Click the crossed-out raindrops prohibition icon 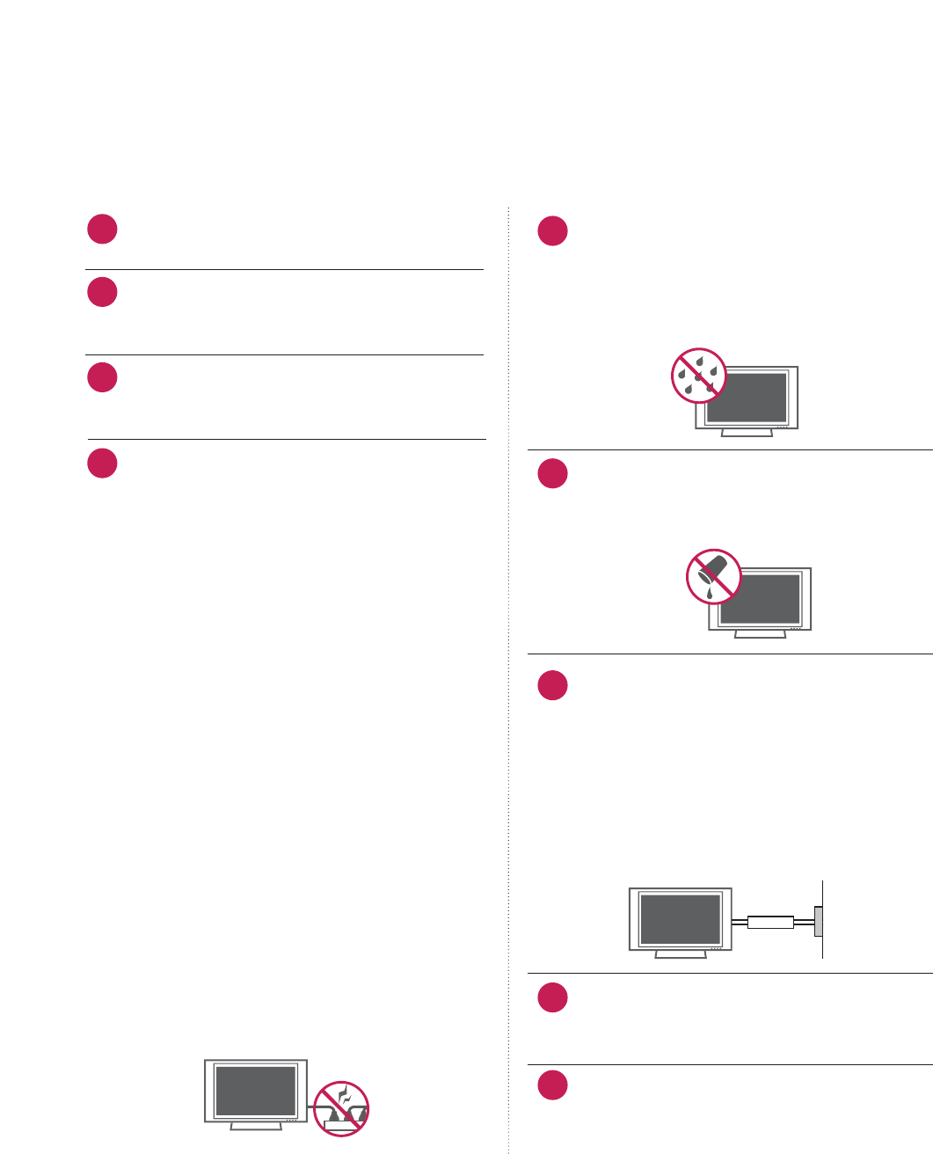click(698, 376)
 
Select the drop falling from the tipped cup click(709, 594)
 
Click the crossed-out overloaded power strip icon click(341, 1108)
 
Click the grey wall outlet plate click(819, 922)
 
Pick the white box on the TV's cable click(770, 923)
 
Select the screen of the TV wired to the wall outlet click(680, 918)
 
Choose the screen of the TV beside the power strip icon click(256, 1091)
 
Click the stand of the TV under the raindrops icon click(747, 433)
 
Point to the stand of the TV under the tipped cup click(760, 633)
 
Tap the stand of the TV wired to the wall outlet click(681, 953)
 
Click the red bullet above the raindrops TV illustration click(553, 231)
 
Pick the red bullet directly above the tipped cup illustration click(553, 474)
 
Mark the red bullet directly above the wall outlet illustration click(553, 685)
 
